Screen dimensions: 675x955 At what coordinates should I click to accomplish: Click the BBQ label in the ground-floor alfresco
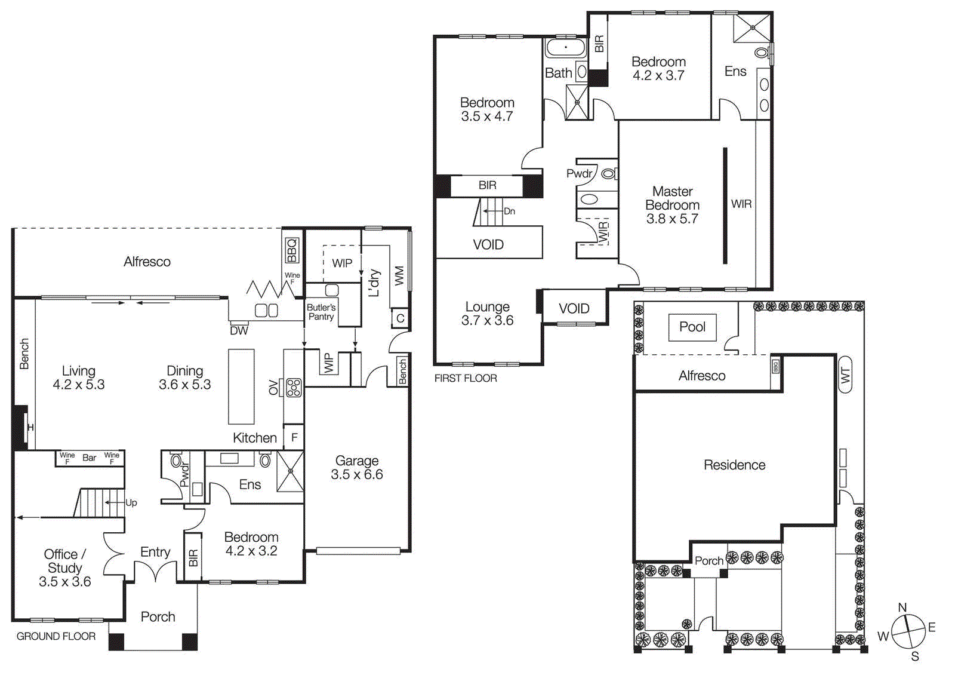point(292,250)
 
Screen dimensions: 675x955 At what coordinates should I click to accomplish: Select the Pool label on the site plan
point(692,327)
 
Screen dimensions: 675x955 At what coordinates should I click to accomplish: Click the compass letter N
point(902,607)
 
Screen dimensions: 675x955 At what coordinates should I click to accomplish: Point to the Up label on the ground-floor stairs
point(131,502)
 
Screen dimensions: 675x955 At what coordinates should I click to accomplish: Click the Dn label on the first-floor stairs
point(509,211)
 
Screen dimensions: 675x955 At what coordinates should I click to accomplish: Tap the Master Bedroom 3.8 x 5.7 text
point(672,205)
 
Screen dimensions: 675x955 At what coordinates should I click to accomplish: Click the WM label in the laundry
point(399,275)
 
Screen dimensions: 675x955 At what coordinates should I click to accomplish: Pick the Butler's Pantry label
point(321,312)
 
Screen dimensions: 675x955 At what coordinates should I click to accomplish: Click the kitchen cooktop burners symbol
point(294,388)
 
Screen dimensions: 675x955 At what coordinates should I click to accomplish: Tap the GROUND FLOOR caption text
point(56,636)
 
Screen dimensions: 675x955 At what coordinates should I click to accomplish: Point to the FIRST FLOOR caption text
point(466,378)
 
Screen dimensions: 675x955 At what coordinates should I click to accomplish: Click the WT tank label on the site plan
point(845,375)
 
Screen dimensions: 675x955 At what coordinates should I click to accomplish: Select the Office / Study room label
point(64,567)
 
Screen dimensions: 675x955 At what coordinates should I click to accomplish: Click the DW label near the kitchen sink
point(239,330)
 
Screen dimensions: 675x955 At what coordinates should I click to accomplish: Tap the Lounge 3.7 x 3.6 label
point(487,314)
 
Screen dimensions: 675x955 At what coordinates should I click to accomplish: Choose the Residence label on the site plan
point(734,465)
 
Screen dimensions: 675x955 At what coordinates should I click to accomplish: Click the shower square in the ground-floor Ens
point(291,471)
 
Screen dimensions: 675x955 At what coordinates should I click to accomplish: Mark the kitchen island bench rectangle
point(241,386)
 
